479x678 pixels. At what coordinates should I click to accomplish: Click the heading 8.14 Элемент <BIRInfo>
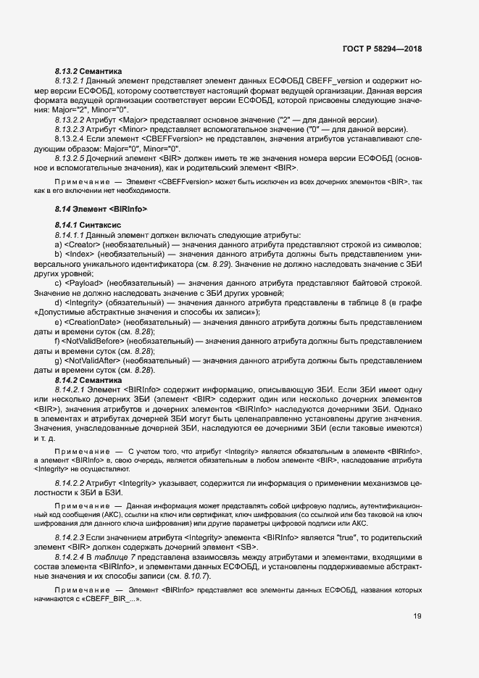(101, 210)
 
